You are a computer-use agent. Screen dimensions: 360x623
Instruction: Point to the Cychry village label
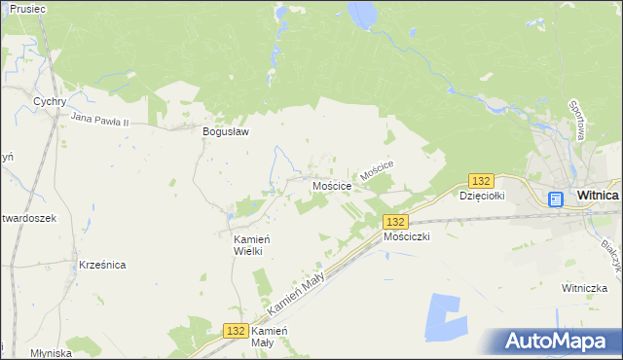(49, 100)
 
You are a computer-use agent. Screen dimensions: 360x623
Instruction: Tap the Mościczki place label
(407, 236)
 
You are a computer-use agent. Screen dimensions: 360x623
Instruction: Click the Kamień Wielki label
(248, 244)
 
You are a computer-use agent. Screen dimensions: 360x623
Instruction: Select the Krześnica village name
(102, 265)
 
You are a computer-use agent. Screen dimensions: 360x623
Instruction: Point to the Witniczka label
(584, 288)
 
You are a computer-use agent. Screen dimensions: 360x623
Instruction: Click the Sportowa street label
(576, 120)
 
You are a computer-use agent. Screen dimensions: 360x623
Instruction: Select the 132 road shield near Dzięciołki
(481, 181)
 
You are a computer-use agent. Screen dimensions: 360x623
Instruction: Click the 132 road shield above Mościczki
(394, 222)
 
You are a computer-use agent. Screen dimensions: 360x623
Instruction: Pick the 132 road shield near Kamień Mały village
(235, 331)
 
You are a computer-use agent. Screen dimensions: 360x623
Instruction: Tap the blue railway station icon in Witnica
(555, 199)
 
